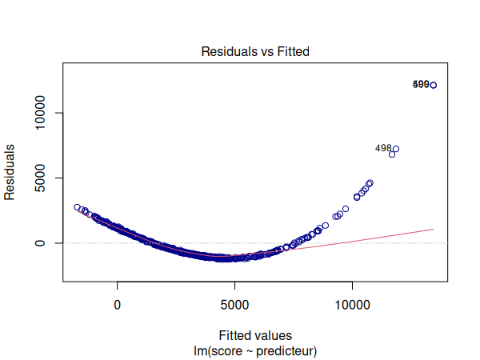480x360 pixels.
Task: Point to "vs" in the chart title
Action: [x=262, y=51]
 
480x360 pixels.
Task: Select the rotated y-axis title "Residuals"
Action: [x=10, y=172]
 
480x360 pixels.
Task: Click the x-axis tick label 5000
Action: [x=235, y=305]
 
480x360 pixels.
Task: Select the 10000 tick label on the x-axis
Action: [x=353, y=305]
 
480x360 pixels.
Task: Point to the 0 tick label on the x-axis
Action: [x=118, y=305]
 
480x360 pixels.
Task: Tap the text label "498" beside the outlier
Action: [x=383, y=148]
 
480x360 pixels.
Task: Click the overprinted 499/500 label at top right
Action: [x=421, y=84]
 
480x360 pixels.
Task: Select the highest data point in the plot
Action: [x=434, y=85]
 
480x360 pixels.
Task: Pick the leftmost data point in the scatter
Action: [x=78, y=207]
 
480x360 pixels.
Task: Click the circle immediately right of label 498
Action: [x=396, y=150]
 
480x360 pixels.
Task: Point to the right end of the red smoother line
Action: [x=434, y=229]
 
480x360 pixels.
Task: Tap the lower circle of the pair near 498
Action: [x=392, y=154]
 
